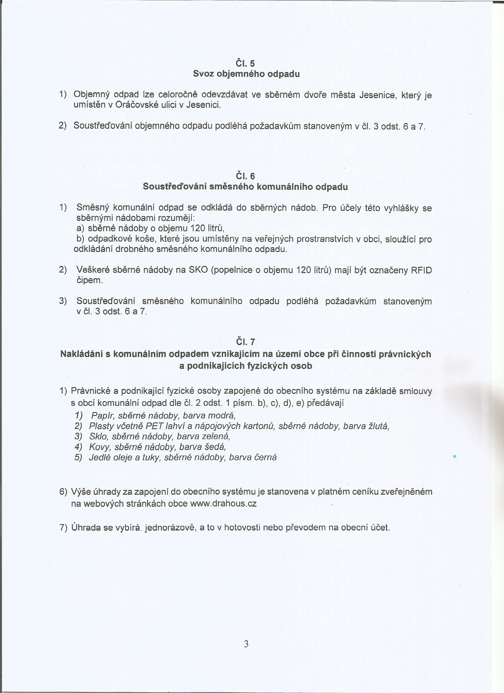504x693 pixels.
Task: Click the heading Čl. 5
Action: click(x=245, y=63)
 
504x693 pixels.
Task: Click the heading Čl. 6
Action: click(x=245, y=176)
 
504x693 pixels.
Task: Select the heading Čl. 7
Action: click(x=245, y=342)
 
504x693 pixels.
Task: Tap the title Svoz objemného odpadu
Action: click(x=246, y=74)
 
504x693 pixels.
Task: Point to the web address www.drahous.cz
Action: click(x=223, y=504)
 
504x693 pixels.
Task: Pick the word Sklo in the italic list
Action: click(x=97, y=436)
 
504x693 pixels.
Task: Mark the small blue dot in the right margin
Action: click(x=454, y=456)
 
